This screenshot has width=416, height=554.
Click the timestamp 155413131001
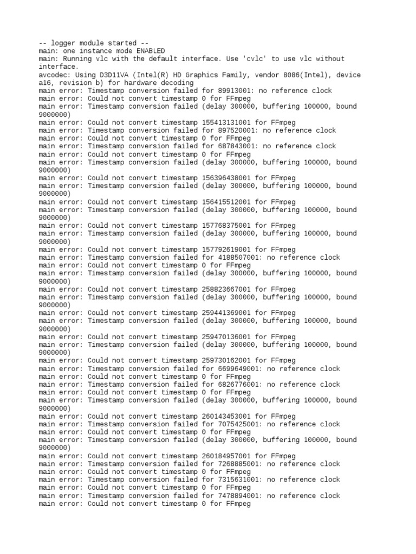[x=226, y=123]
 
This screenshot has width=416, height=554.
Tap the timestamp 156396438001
[x=226, y=178]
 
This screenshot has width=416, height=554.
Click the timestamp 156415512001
[x=226, y=202]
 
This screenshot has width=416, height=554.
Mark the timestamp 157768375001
[x=226, y=226]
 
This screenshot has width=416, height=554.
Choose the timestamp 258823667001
[x=226, y=289]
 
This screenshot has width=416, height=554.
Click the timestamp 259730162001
[x=226, y=361]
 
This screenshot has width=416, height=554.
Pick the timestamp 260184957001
[x=226, y=456]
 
